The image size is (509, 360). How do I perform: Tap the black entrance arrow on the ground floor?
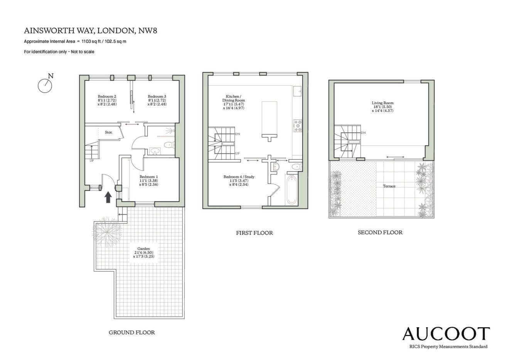tap(108, 197)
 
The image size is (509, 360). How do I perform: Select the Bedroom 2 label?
tap(107, 100)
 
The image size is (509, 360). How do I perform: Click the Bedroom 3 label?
tap(157, 100)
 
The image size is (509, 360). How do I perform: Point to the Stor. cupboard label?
tap(109, 132)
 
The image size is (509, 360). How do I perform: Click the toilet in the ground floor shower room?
tap(169, 145)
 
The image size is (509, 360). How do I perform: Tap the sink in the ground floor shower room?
tap(155, 151)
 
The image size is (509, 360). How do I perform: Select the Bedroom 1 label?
tap(148, 181)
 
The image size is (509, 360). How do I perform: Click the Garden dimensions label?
tap(143, 252)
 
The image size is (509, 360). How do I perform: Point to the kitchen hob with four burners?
tap(298, 126)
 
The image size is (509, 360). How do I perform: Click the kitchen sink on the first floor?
tap(297, 91)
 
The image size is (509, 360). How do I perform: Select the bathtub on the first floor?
tap(291, 190)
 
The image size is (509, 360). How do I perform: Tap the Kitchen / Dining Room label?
tap(234, 102)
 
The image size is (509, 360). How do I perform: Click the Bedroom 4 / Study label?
tap(239, 181)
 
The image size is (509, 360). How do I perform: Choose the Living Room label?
tap(383, 106)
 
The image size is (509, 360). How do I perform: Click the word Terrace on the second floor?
tap(389, 186)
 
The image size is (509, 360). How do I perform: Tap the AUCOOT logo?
tap(446, 334)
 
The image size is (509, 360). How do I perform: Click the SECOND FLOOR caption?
tap(380, 232)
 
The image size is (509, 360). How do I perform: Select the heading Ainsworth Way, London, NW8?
tap(91, 31)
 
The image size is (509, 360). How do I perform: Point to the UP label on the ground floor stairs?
tap(91, 161)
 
